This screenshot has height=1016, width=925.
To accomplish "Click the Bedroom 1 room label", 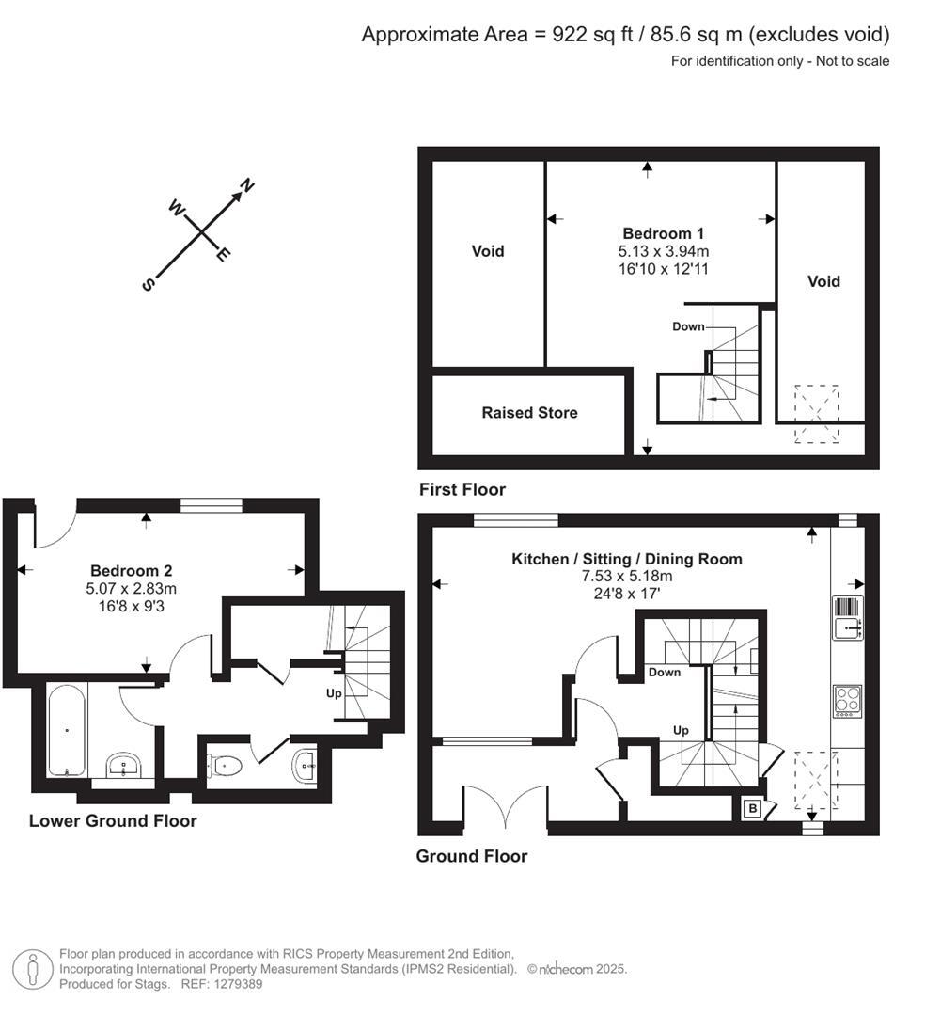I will [663, 233].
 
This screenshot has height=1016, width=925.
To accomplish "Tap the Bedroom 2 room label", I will [131, 570].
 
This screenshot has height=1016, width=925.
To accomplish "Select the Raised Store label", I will [529, 413].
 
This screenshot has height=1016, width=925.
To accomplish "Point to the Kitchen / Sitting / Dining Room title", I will [626, 559].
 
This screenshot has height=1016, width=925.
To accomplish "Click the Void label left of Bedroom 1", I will [488, 251].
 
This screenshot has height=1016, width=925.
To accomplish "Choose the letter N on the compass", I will [247, 185].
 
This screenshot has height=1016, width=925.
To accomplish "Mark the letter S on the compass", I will [148, 284].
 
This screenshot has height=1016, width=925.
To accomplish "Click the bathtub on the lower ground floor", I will [67, 731].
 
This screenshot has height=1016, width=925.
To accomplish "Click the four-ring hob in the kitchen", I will [846, 701].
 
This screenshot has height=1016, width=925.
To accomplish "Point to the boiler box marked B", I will [752, 808].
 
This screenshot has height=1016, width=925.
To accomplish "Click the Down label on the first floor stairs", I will [688, 326].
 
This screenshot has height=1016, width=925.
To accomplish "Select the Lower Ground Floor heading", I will [113, 821].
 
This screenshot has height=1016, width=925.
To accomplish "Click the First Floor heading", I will [462, 489].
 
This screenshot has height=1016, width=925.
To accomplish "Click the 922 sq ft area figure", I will [584, 35].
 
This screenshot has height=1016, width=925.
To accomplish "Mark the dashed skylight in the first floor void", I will [816, 412].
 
